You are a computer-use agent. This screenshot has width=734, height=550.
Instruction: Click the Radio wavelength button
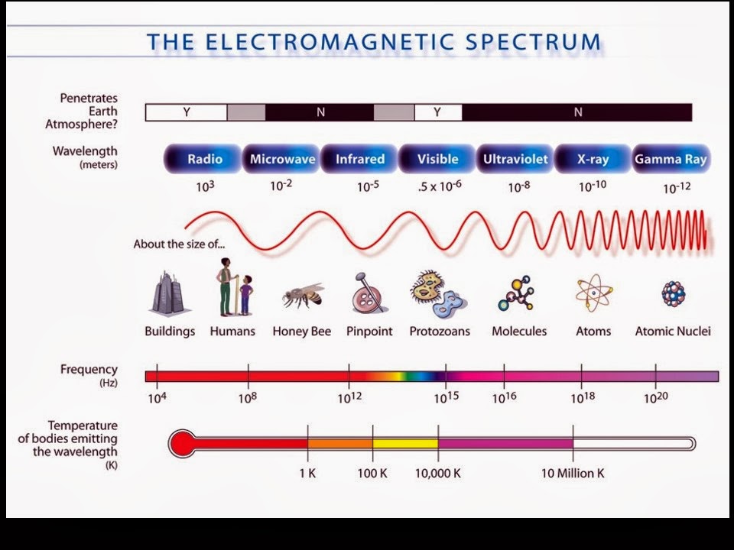click(x=204, y=160)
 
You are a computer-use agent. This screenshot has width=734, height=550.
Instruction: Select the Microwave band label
click(x=282, y=160)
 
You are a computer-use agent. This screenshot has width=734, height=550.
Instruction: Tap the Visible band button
click(x=437, y=160)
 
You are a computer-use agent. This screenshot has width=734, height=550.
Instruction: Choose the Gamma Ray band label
click(x=671, y=160)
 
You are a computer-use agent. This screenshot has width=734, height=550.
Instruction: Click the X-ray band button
click(x=593, y=160)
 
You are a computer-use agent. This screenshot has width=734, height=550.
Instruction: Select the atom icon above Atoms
click(x=593, y=293)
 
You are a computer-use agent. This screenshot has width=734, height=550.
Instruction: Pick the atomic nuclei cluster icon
click(x=673, y=293)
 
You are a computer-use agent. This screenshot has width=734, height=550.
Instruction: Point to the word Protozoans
click(x=440, y=332)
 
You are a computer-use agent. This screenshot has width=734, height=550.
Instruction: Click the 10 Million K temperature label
click(x=573, y=474)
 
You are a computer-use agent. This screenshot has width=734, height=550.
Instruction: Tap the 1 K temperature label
click(x=307, y=474)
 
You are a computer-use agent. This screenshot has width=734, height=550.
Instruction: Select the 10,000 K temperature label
click(x=437, y=474)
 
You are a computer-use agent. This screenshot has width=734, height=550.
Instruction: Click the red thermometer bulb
click(x=183, y=443)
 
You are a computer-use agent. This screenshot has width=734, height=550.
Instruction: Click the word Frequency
click(x=89, y=370)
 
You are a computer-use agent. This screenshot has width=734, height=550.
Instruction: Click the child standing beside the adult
click(x=245, y=295)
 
